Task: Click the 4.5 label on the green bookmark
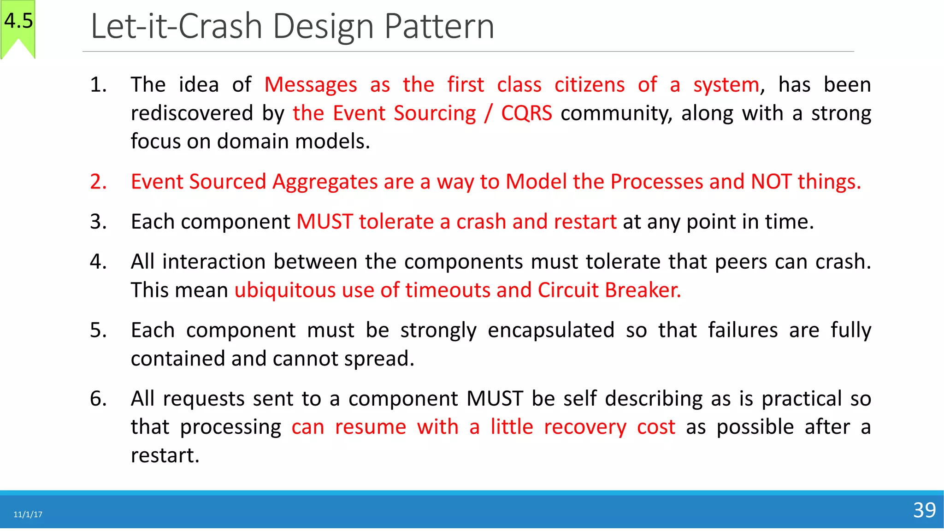18,21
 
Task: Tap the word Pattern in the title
439,26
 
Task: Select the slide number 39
924,510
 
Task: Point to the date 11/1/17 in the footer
28,514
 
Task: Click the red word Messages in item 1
311,85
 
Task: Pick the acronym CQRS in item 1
526,113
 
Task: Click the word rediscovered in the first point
192,113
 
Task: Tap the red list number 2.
98,182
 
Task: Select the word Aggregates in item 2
325,182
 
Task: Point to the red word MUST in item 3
324,222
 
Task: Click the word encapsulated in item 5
551,330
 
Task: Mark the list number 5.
98,330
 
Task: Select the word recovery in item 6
585,427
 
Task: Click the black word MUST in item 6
495,399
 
